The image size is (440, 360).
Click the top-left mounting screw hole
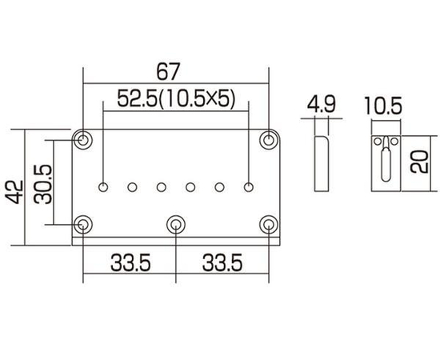82,139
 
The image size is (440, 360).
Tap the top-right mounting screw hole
267,139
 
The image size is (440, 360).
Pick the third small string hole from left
161,188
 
